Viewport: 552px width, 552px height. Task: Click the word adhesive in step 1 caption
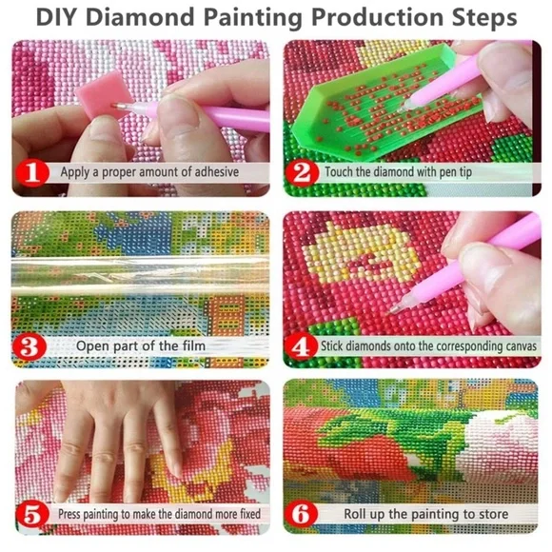click(x=209, y=173)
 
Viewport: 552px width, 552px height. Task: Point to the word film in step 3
click(x=191, y=345)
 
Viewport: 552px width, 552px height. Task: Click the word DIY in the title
click(x=58, y=18)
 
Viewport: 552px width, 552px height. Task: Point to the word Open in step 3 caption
click(x=95, y=345)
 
